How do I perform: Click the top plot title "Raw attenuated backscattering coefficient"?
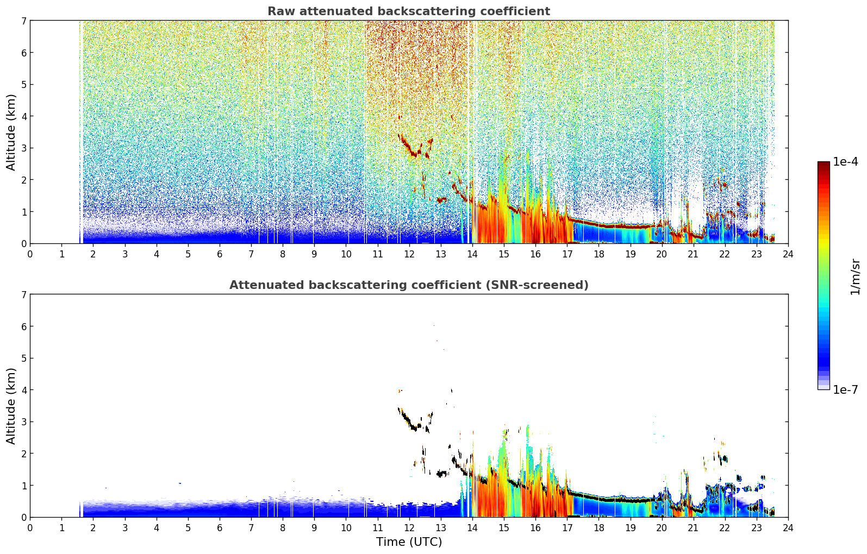409,11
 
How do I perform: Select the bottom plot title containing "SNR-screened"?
409,285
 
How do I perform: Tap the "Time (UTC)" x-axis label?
409,542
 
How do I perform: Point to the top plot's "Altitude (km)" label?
11,133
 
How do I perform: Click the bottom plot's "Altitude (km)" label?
11,406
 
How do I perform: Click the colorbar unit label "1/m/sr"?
856,277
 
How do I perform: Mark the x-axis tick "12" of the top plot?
409,254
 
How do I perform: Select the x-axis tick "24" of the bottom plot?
788,528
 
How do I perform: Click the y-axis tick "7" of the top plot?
23,21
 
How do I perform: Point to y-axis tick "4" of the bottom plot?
23,390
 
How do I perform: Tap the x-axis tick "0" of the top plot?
30,254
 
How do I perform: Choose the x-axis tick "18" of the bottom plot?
599,528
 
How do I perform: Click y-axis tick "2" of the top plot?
23,180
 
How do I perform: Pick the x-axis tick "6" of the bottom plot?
220,528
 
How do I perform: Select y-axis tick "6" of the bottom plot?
23,326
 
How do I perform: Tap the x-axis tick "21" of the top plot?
693,254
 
